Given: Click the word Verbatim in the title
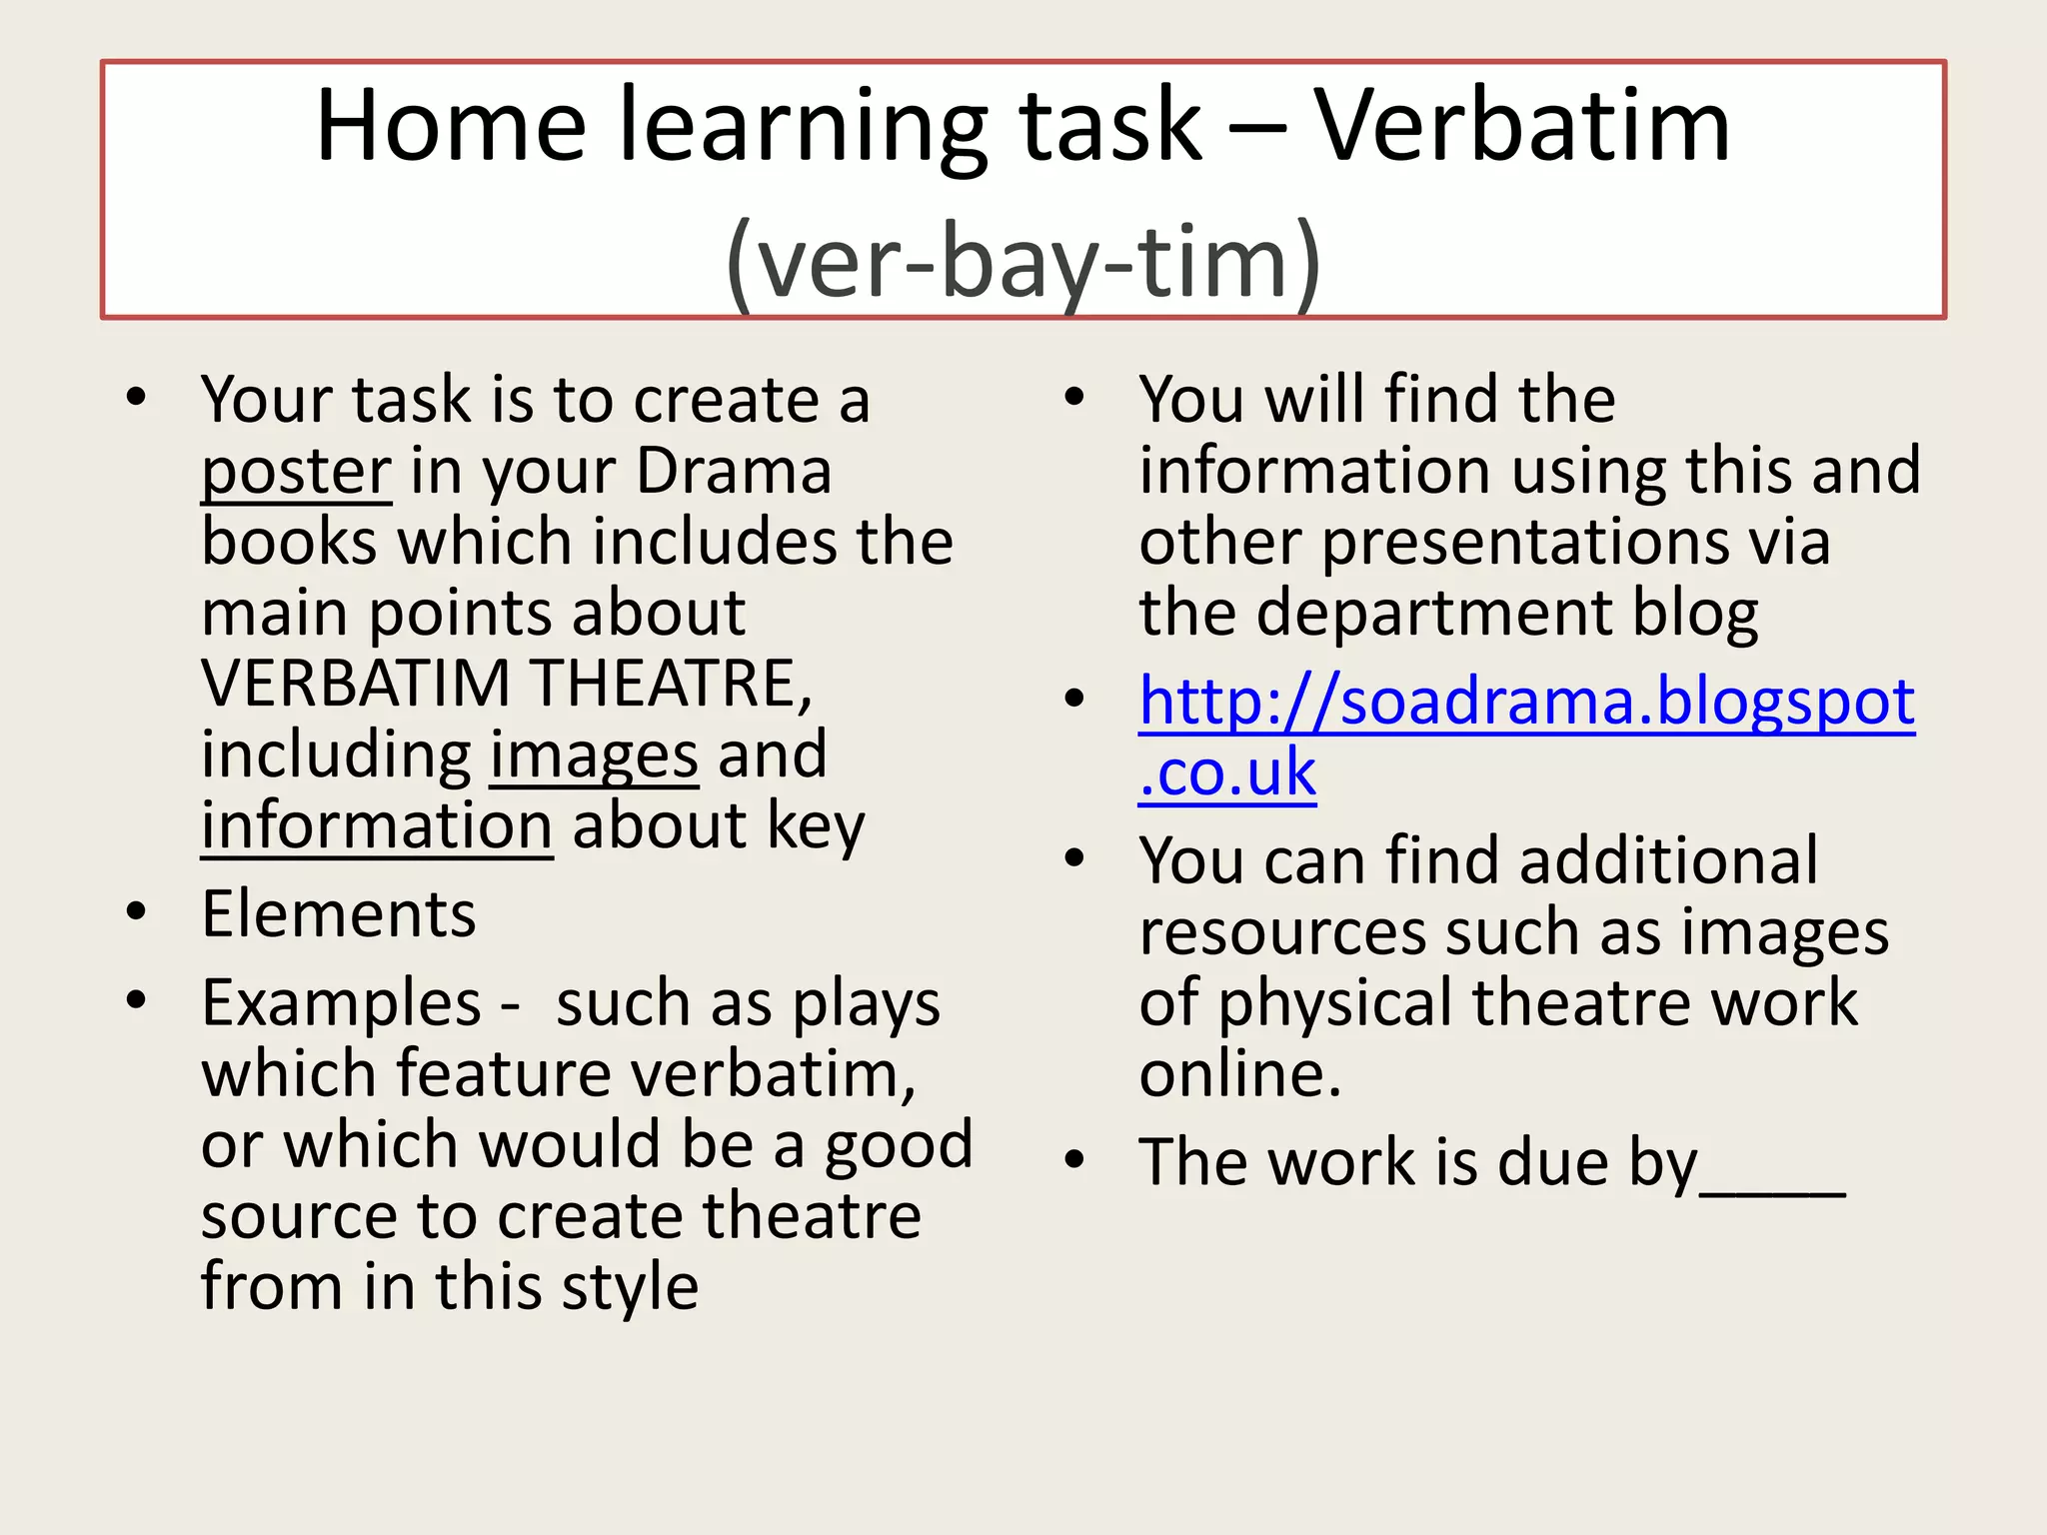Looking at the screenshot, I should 1520,126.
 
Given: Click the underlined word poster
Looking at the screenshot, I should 296,472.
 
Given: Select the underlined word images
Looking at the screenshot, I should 594,756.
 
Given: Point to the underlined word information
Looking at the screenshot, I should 377,826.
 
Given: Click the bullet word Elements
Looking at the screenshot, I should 339,913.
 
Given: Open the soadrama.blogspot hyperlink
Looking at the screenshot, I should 1526,702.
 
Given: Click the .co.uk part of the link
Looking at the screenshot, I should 1227,772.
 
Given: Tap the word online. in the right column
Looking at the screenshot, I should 1239,1074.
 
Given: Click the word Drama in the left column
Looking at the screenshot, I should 734,471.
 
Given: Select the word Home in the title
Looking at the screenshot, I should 451,126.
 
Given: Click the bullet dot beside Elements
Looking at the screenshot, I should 137,911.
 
